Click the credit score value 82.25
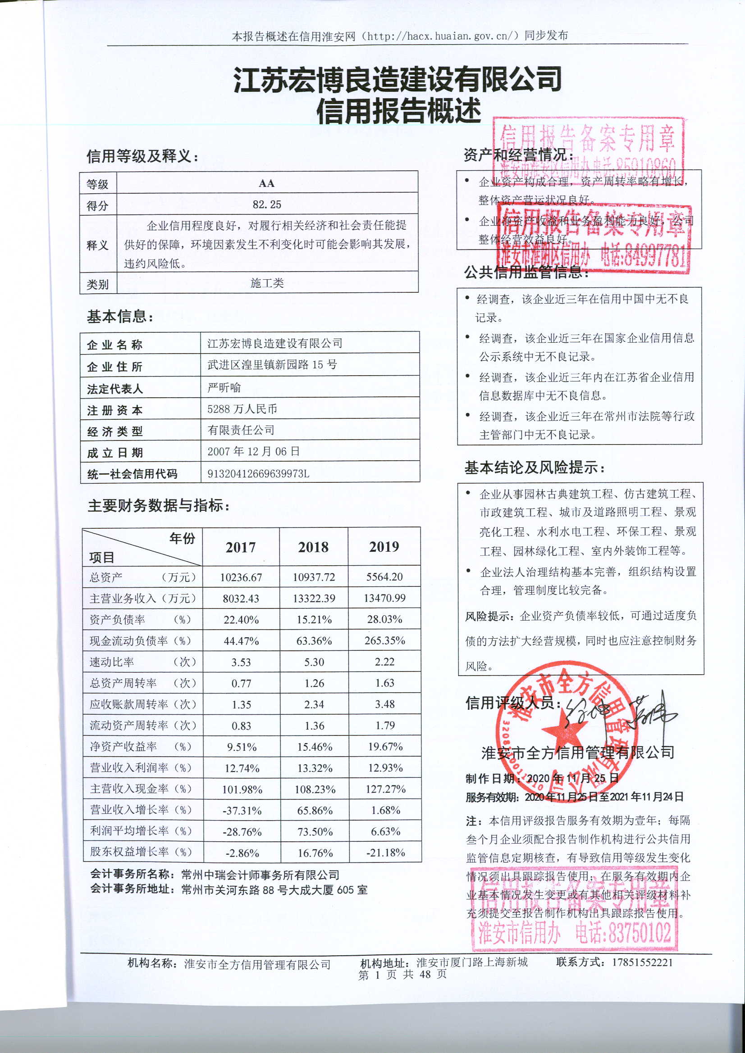pos(267,204)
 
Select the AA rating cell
pos(267,183)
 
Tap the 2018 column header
pos(314,547)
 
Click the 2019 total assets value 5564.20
pos(384,577)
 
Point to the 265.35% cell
pos(384,641)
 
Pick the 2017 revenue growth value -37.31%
pos(242,810)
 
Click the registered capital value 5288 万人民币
pos(242,408)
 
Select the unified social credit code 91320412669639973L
pos(258,473)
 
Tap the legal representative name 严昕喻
pos(224,387)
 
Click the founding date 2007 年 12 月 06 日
pos(253,451)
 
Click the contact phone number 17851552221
pos(642,962)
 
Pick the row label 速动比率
pos(111,662)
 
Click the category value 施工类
pos(267,283)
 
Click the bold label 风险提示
pos(489,617)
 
